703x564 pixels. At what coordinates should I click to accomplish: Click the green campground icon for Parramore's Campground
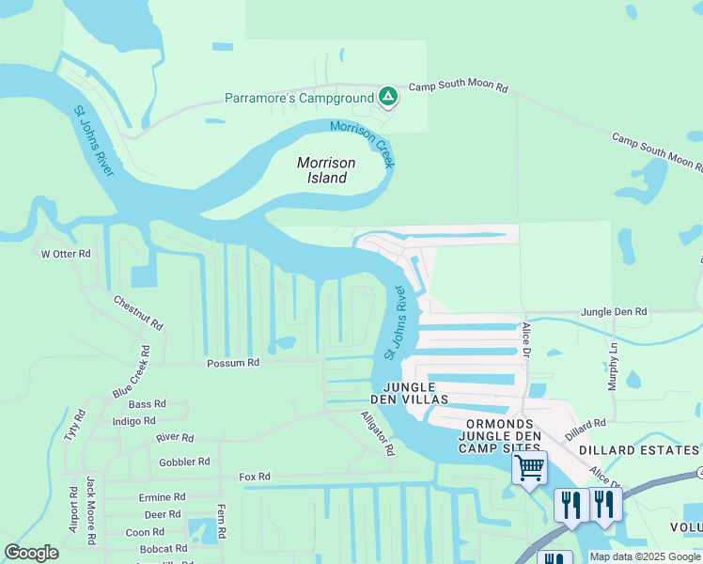pyautogui.click(x=387, y=96)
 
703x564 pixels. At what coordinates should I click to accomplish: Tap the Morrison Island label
pyautogui.click(x=321, y=170)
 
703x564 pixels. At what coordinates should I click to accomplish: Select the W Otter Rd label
pyautogui.click(x=65, y=254)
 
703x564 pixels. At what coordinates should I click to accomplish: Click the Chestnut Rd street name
pyautogui.click(x=138, y=312)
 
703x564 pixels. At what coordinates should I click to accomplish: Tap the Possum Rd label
pyautogui.click(x=232, y=363)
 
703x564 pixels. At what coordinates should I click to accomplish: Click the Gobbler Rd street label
pyautogui.click(x=184, y=462)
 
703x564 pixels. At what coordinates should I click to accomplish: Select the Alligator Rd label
pyautogui.click(x=377, y=432)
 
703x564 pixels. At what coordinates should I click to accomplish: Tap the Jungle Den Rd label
pyautogui.click(x=614, y=311)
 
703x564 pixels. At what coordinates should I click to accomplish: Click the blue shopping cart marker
pyautogui.click(x=530, y=466)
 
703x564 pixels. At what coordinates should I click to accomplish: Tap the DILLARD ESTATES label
pyautogui.click(x=639, y=450)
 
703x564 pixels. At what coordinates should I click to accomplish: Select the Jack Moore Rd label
pyautogui.click(x=91, y=511)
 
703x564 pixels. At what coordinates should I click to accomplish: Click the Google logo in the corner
pyautogui.click(x=31, y=553)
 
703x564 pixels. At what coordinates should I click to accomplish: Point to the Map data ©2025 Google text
pyautogui.click(x=646, y=556)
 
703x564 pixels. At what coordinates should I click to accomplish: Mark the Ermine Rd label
pyautogui.click(x=162, y=497)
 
